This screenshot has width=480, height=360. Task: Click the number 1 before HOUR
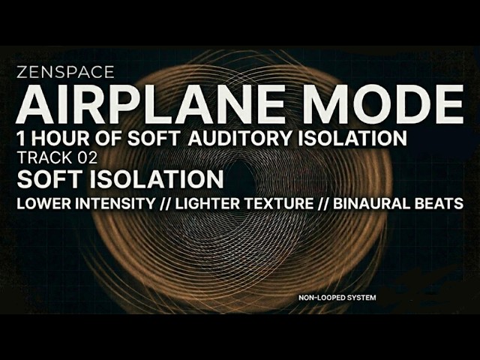click(21, 139)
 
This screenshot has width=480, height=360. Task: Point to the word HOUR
click(60, 139)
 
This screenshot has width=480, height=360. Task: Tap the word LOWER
click(41, 204)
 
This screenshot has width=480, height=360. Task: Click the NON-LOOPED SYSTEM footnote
click(337, 298)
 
